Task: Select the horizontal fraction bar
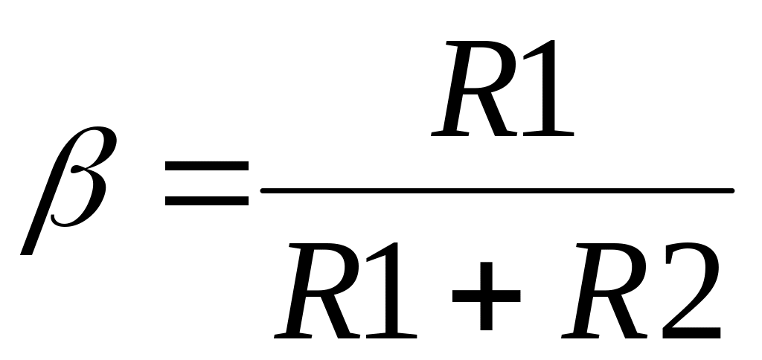[497, 190]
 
